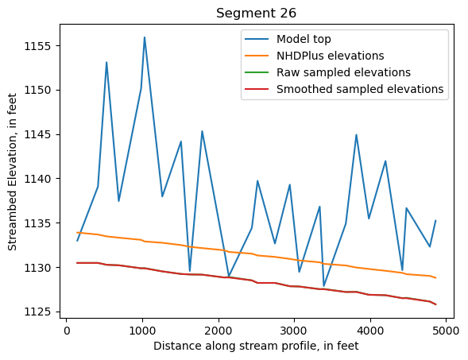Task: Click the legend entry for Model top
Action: click(304, 39)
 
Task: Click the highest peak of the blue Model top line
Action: click(145, 37)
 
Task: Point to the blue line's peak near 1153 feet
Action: click(106, 62)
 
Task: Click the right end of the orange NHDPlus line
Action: click(435, 277)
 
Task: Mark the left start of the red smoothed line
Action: click(77, 262)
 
